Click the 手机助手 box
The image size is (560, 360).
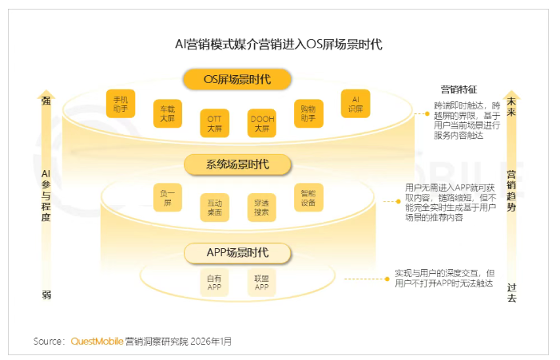[x=120, y=103]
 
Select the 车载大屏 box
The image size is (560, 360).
[x=168, y=113]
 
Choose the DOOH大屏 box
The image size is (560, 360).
[x=262, y=122]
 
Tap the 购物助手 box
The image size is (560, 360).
[x=308, y=113]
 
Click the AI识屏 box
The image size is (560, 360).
[x=355, y=103]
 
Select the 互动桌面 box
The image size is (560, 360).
[x=214, y=207]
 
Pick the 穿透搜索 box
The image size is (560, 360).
[x=262, y=207]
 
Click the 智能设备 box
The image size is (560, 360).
[x=308, y=197]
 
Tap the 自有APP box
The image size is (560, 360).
[x=214, y=283]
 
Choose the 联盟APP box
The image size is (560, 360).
[x=261, y=283]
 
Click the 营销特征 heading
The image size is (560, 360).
[x=459, y=89]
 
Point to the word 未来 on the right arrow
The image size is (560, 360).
[x=511, y=106]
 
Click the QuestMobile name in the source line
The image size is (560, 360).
[x=97, y=341]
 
